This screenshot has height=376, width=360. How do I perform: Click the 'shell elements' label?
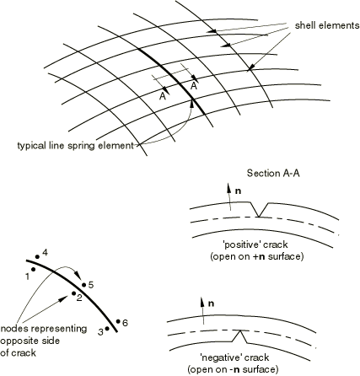327,25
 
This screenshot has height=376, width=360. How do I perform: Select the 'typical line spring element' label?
75,146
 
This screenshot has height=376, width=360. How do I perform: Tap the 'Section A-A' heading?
273,173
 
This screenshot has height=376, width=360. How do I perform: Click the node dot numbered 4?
37,256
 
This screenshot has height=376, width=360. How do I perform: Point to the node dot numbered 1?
34,269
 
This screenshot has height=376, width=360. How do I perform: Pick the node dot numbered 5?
83,285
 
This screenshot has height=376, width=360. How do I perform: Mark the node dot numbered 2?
73,293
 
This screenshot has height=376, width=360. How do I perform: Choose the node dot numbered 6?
118,321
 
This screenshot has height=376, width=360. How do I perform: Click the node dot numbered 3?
107,328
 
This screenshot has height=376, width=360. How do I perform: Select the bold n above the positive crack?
238,191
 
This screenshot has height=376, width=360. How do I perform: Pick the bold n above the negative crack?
211,303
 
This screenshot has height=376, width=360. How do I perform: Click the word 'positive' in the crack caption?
242,244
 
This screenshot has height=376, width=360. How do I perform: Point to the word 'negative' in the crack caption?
221,357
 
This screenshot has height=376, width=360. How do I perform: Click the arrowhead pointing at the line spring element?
192,103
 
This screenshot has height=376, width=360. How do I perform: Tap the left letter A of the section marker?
162,96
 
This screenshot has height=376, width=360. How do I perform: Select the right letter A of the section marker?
193,86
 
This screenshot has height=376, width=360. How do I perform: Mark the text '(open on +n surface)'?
257,257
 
